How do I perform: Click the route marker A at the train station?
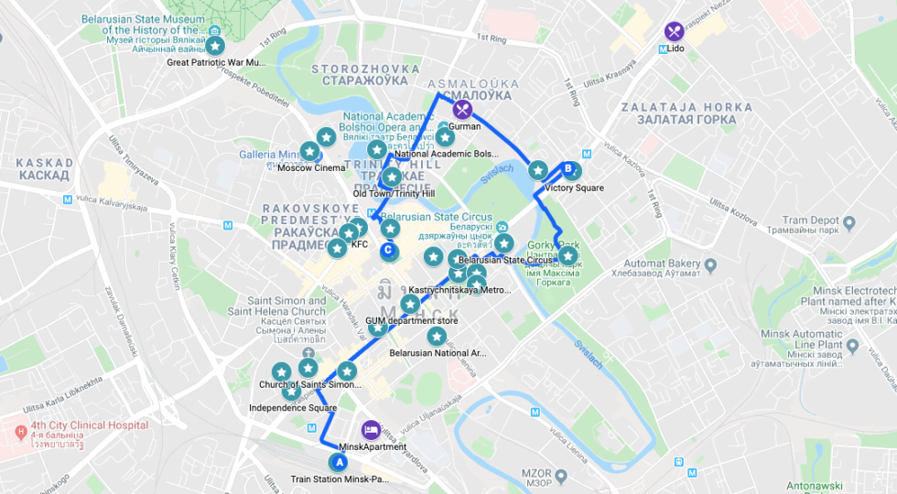340,463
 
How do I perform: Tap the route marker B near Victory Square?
567,169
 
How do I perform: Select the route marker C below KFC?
388,249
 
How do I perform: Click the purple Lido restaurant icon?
675,31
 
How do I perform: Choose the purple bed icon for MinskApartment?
371,429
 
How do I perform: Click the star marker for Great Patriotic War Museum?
214,45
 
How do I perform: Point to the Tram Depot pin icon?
848,222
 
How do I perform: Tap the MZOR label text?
536,474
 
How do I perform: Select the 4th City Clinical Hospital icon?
20,430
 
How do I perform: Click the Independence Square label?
293,408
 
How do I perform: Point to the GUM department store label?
412,321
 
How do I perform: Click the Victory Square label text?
574,188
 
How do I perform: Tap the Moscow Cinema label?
311,167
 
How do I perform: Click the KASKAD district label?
43,168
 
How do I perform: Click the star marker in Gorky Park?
568,256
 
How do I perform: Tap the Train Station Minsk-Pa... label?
340,479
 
